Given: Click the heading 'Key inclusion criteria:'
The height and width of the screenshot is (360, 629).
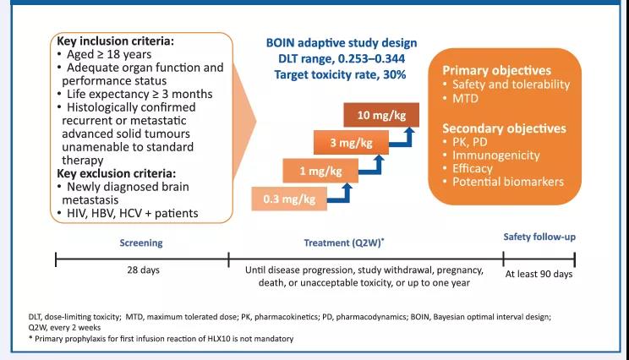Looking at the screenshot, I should pyautogui.click(x=116, y=41).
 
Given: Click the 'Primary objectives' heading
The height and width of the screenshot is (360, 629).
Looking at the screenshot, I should pyautogui.click(x=498, y=70).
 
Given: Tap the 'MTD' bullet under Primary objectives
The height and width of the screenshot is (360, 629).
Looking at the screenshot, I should pyautogui.click(x=465, y=100).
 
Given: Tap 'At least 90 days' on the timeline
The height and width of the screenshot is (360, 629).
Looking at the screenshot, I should pyautogui.click(x=539, y=275).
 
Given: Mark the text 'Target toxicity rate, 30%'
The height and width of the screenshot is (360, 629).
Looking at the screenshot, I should pyautogui.click(x=341, y=75).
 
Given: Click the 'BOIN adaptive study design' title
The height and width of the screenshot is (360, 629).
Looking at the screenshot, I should pyautogui.click(x=342, y=43).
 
